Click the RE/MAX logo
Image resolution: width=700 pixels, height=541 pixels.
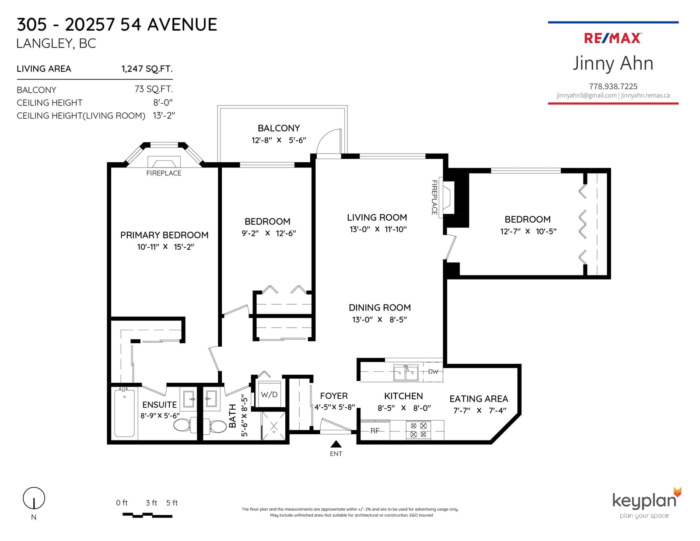point(612,38)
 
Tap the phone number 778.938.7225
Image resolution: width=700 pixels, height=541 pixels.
point(613,86)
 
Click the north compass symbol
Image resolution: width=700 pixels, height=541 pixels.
point(34,498)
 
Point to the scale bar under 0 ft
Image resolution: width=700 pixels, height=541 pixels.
point(147,515)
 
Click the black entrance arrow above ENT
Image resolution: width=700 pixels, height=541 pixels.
point(336,444)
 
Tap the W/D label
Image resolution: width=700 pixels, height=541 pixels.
point(269,395)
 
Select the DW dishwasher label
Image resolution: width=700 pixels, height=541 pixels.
point(433,372)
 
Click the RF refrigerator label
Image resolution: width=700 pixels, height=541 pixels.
point(374,431)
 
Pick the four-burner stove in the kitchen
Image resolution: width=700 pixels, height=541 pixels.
point(418,430)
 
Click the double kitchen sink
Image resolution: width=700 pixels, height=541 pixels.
point(406,373)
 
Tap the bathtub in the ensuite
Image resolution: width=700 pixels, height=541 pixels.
point(124,413)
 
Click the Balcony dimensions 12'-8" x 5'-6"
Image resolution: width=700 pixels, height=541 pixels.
point(279,140)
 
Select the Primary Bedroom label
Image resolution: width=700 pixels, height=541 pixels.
point(164,235)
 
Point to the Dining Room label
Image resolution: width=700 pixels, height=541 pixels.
point(380,307)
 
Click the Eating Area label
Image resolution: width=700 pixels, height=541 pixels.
point(479,399)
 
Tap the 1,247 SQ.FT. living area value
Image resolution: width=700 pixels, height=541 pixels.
point(147,69)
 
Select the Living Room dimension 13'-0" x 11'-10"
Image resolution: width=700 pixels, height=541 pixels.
point(378,229)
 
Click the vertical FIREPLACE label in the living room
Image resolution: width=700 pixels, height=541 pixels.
point(434,197)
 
